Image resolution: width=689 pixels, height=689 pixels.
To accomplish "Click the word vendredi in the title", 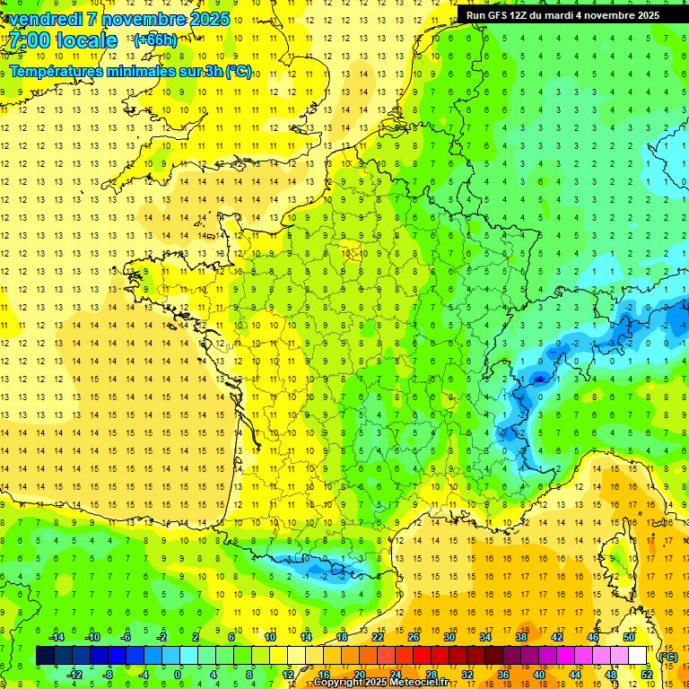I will click(45, 19).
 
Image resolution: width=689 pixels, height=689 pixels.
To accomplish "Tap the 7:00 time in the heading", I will click(32, 41).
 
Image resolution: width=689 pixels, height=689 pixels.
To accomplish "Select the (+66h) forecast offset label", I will click(155, 39).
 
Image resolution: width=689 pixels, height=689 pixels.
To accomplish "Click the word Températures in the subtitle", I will click(53, 71).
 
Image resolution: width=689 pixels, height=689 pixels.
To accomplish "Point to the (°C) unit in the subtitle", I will click(238, 71).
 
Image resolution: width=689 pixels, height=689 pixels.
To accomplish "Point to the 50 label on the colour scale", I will click(628, 637).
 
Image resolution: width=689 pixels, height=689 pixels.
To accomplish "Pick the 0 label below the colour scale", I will click(178, 675).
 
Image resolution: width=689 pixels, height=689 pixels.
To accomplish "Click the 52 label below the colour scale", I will click(646, 675).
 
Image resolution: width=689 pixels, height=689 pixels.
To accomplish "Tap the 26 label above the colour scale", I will click(413, 637).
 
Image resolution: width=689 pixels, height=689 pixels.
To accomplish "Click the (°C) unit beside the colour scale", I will click(667, 656).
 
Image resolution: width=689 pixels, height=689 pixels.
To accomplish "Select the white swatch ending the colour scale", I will click(637, 656).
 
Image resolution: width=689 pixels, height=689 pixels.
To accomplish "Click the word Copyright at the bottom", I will click(340, 683).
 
